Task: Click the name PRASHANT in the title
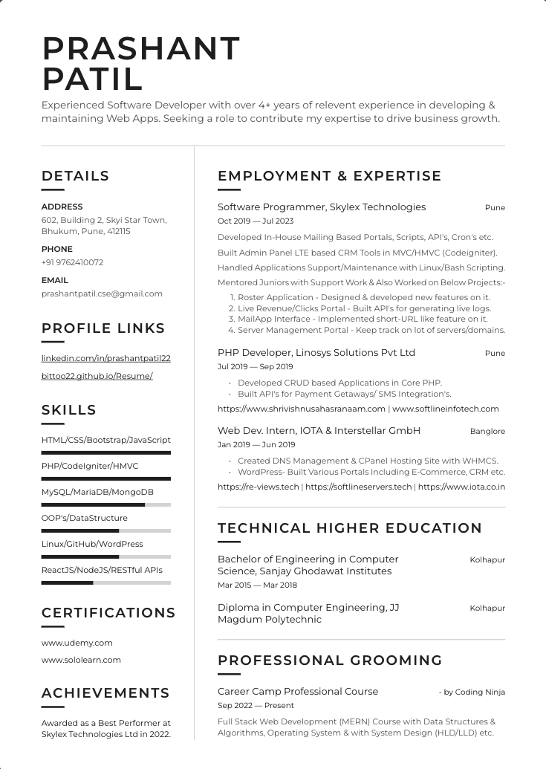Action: pos(141,49)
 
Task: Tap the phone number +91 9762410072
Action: pos(72,262)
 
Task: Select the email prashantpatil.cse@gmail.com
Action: pos(102,293)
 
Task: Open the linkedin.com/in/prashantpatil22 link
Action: pos(105,358)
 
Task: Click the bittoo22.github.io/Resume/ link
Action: pos(97,376)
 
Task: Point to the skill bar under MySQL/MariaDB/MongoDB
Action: pos(105,504)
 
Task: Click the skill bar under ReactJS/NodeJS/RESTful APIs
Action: pos(105,583)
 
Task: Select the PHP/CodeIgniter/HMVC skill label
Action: pos(90,466)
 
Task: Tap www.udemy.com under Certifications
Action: pos(77,643)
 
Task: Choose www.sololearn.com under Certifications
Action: pos(81,660)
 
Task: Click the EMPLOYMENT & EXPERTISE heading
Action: pos(329,176)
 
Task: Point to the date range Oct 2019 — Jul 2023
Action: pos(256,221)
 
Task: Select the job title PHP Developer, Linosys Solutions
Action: pos(316,352)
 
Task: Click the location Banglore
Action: pos(487,431)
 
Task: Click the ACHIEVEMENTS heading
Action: pos(105,693)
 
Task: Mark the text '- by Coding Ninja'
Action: pos(472,692)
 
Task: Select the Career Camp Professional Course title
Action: pos(297,691)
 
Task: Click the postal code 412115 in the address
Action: pos(118,231)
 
